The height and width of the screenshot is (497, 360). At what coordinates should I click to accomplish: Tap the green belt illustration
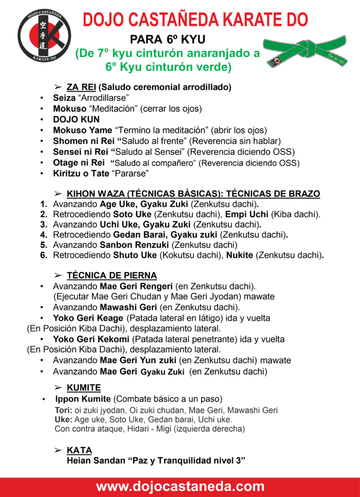tap(306, 50)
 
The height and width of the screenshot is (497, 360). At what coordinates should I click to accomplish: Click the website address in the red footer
tap(180, 487)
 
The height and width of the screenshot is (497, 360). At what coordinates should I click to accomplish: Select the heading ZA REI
tap(80, 87)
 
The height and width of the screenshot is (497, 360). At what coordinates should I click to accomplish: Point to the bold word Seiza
tap(64, 98)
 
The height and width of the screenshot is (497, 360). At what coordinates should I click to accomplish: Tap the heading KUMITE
tap(84, 388)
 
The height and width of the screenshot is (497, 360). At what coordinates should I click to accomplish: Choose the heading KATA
tap(79, 450)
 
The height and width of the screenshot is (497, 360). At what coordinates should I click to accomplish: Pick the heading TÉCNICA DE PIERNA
tap(112, 276)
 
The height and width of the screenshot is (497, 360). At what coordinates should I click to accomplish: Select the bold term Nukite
tap(240, 255)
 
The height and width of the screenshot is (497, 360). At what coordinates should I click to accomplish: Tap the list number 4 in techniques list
tap(44, 234)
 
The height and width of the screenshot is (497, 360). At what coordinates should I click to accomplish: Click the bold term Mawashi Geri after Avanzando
tap(128, 308)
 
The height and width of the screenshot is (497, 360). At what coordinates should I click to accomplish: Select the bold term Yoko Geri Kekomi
tap(91, 339)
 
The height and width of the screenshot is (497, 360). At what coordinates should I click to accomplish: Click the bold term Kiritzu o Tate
tap(81, 173)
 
